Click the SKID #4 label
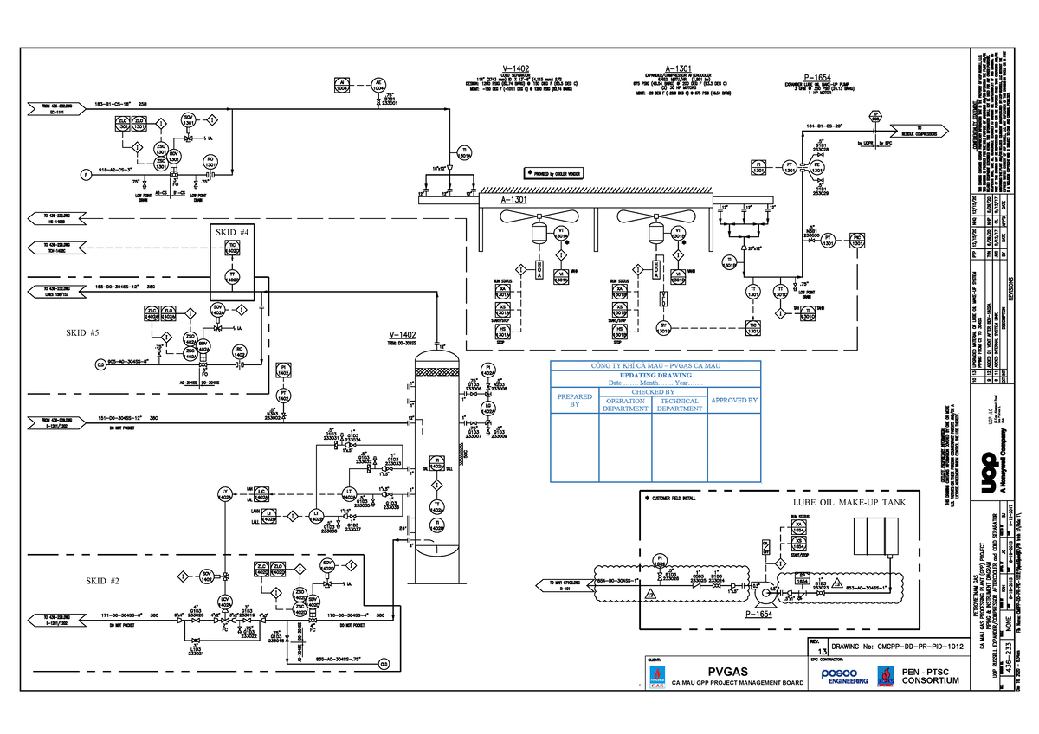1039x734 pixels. (231, 232)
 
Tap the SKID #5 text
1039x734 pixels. (83, 332)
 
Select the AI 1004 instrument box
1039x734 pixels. (343, 85)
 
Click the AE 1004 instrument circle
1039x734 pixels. (378, 85)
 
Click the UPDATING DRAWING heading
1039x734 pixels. (655, 375)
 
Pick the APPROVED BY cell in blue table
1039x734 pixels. (733, 401)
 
